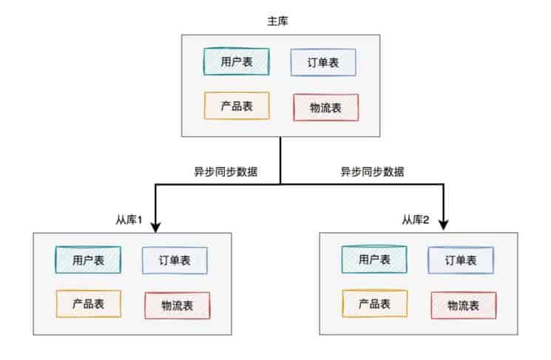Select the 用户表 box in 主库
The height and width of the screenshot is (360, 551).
[x=237, y=62]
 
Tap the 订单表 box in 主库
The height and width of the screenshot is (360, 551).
[x=324, y=63]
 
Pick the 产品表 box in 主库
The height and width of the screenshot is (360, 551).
[x=237, y=106]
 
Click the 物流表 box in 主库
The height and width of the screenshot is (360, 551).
[x=325, y=108]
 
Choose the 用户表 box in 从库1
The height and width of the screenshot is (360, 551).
[x=88, y=259]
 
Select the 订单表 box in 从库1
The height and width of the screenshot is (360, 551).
[x=175, y=260]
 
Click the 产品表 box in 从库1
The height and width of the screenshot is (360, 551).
[x=88, y=303]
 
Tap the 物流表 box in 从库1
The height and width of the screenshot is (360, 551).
[x=177, y=305]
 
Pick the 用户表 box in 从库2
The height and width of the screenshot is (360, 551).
[x=374, y=259]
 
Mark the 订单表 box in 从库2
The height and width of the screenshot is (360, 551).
[x=461, y=260]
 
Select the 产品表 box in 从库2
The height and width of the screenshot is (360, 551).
[x=374, y=303]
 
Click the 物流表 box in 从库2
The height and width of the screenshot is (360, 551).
[x=463, y=305]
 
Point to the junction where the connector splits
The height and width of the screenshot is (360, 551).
[x=281, y=184]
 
